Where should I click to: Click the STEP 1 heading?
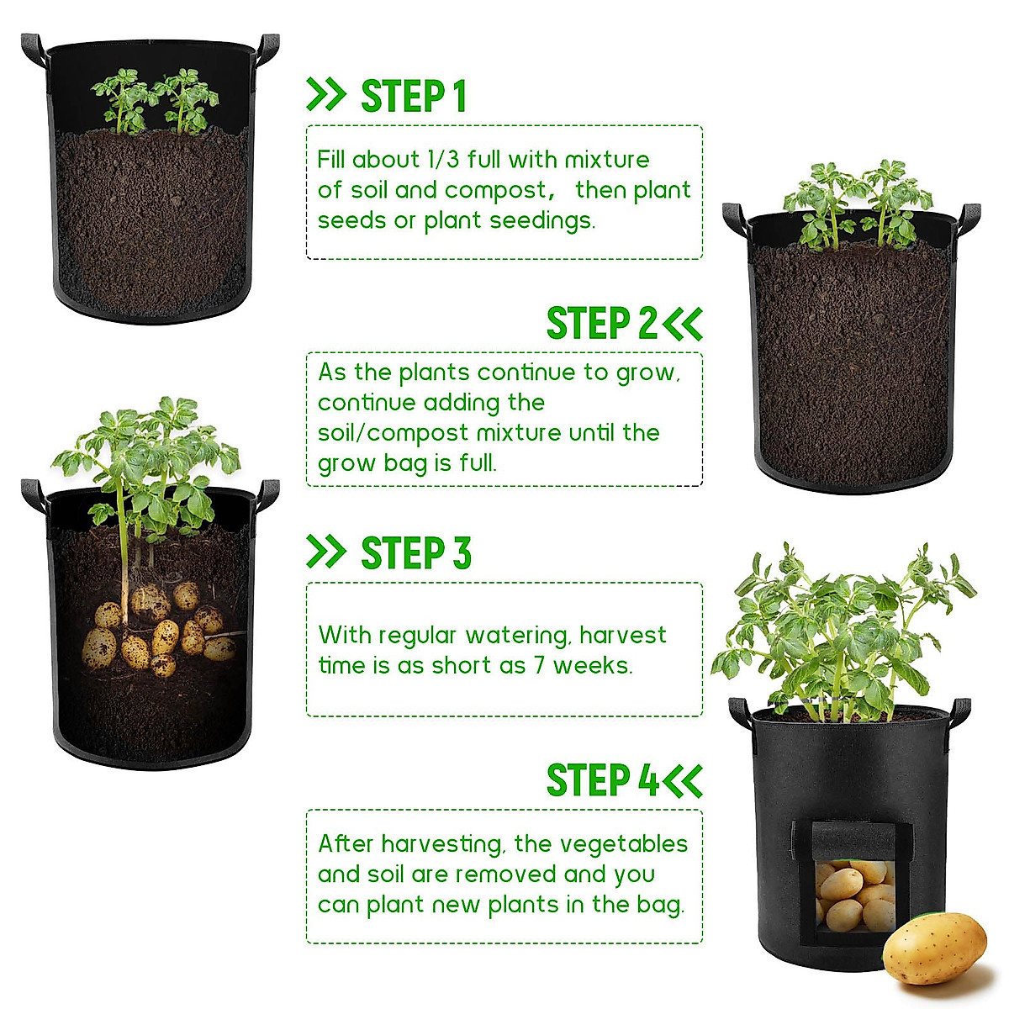[413, 96]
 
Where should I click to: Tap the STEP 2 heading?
[601, 324]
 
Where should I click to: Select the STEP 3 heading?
[415, 553]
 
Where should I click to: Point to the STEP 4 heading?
[602, 780]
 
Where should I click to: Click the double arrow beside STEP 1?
[326, 95]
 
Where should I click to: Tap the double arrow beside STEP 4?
[683, 780]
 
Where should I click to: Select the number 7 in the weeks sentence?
[539, 665]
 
